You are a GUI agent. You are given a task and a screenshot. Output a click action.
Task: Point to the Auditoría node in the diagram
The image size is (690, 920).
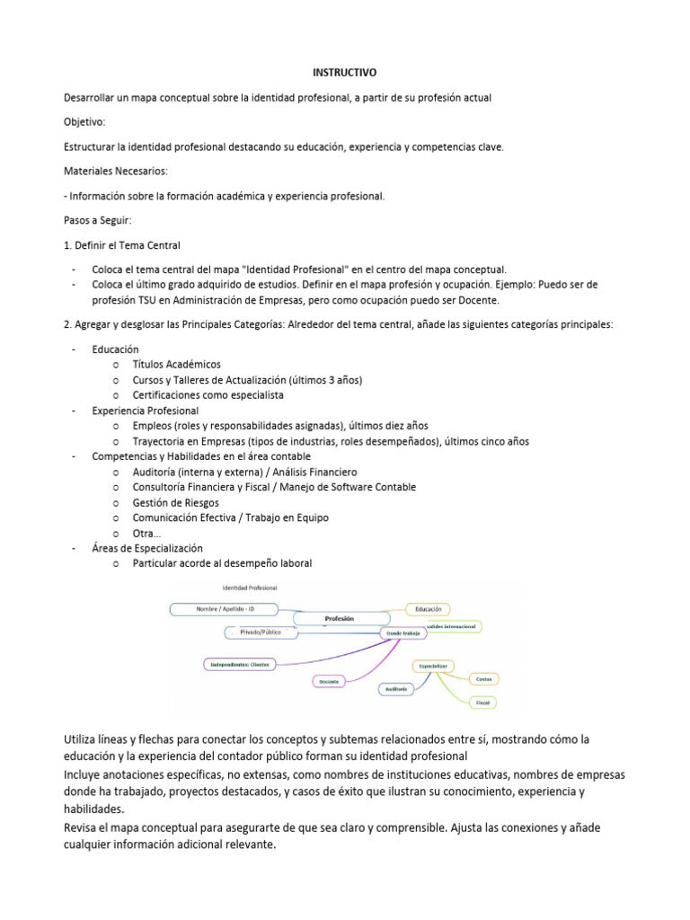click(x=396, y=689)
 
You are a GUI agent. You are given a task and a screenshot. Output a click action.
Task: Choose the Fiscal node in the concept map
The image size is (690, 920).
click(x=483, y=700)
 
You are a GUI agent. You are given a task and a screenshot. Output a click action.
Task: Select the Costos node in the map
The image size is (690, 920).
click(x=483, y=679)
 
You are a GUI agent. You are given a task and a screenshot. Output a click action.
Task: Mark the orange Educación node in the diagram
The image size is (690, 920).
click(x=429, y=609)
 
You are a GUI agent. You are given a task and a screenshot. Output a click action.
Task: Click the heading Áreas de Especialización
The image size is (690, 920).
click(x=147, y=548)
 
